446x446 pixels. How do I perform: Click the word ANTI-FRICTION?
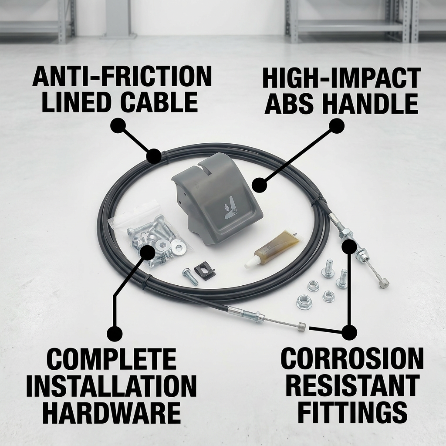click(122, 77)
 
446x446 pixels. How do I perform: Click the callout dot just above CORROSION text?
click(349, 332)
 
